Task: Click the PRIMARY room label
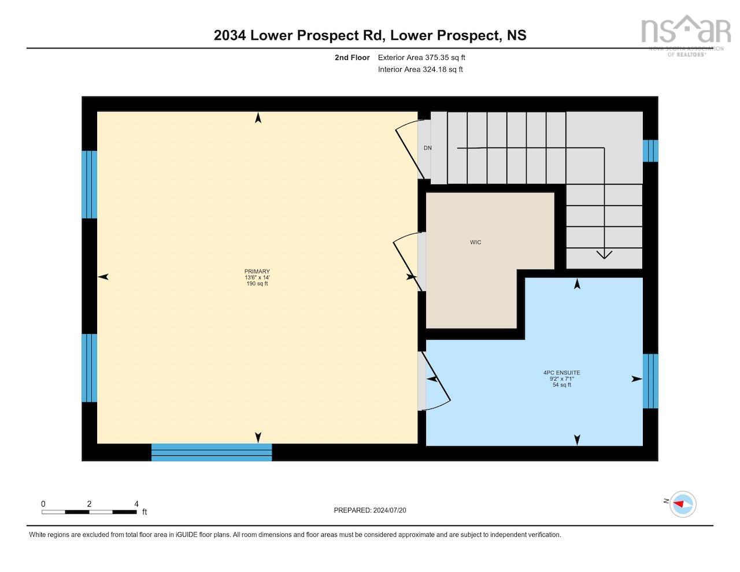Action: (x=257, y=272)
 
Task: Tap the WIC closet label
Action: (x=475, y=242)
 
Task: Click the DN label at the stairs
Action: (x=427, y=148)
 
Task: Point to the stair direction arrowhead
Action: (x=604, y=254)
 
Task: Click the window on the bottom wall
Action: (x=212, y=452)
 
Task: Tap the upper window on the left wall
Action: (x=89, y=184)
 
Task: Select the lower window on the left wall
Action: (x=89, y=367)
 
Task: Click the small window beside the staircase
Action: (x=650, y=151)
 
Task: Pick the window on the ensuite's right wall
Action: (x=650, y=381)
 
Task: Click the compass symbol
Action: (x=683, y=504)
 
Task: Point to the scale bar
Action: (x=89, y=511)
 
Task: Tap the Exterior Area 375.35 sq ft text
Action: (x=421, y=58)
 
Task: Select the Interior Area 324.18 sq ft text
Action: (x=420, y=69)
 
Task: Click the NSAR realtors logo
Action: (x=686, y=35)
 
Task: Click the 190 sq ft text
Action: (x=257, y=284)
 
